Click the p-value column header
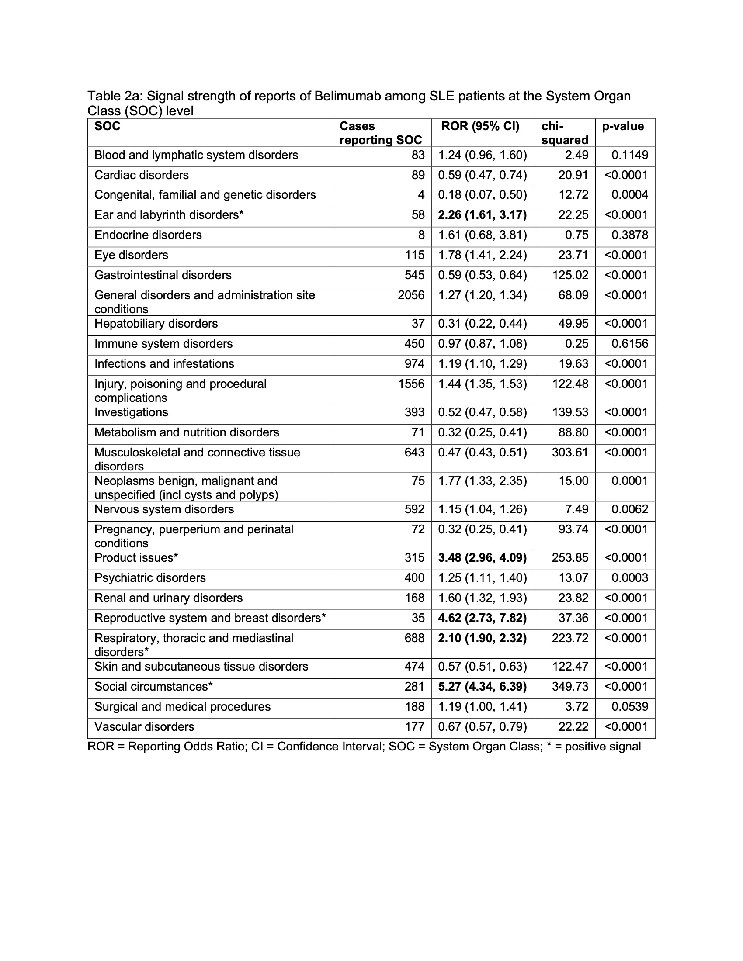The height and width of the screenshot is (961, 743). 622,127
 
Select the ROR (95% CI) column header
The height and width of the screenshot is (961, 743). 480,127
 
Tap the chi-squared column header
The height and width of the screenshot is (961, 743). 564,133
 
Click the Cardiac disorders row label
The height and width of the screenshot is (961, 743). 141,176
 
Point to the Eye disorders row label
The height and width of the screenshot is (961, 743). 131,255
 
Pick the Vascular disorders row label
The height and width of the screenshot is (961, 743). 144,727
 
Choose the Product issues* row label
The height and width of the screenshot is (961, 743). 136,558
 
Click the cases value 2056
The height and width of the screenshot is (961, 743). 411,295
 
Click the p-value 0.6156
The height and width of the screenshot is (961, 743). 629,344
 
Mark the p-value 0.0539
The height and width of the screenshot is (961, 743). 629,707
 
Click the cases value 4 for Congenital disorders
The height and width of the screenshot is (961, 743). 421,195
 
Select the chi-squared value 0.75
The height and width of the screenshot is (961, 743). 576,235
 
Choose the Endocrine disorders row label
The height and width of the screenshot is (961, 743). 148,235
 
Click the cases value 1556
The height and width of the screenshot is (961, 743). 411,384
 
